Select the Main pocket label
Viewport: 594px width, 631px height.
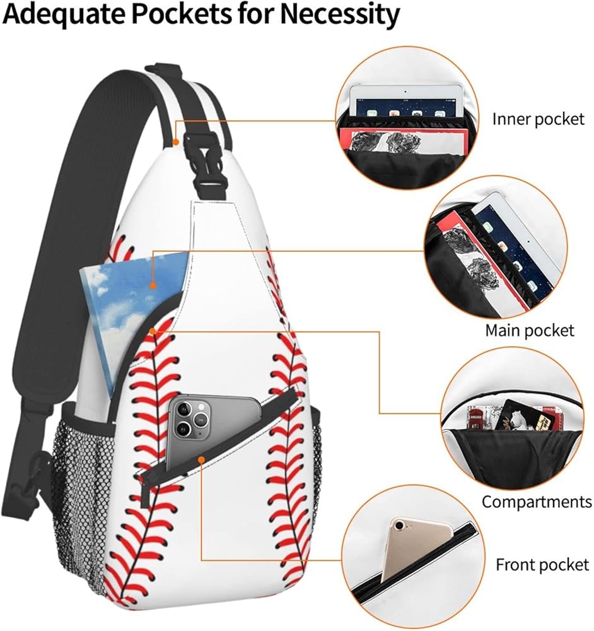(530, 330)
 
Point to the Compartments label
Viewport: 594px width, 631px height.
(537, 502)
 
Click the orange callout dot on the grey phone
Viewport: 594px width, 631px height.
(201, 459)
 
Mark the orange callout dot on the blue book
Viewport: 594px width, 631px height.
(152, 285)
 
